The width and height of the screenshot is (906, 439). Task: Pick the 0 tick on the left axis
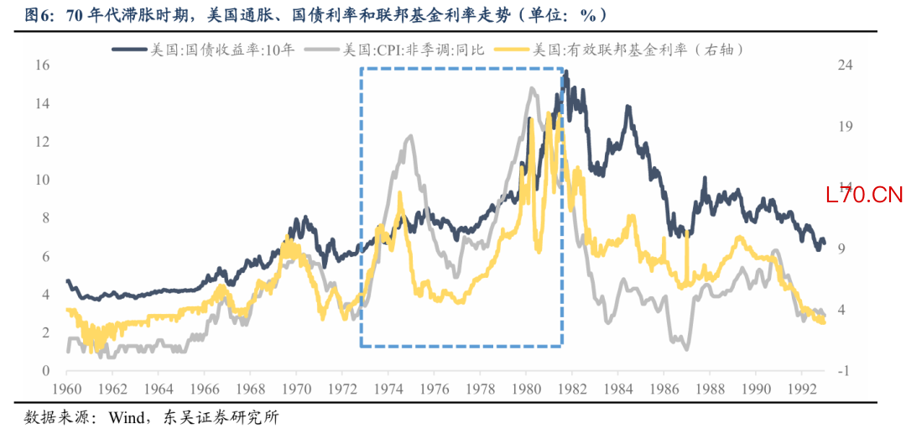[45, 371]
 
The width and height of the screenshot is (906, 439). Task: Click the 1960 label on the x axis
[66, 389]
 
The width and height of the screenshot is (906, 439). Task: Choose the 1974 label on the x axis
[388, 389]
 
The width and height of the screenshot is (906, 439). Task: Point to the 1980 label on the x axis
[525, 389]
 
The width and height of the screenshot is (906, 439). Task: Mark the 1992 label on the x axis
[800, 389]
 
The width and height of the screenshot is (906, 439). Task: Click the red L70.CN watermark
[863, 196]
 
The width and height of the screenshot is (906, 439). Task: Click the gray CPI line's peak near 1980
[531, 88]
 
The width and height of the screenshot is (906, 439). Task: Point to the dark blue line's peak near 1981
[566, 73]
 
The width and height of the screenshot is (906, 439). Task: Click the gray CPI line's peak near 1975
[409, 136]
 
